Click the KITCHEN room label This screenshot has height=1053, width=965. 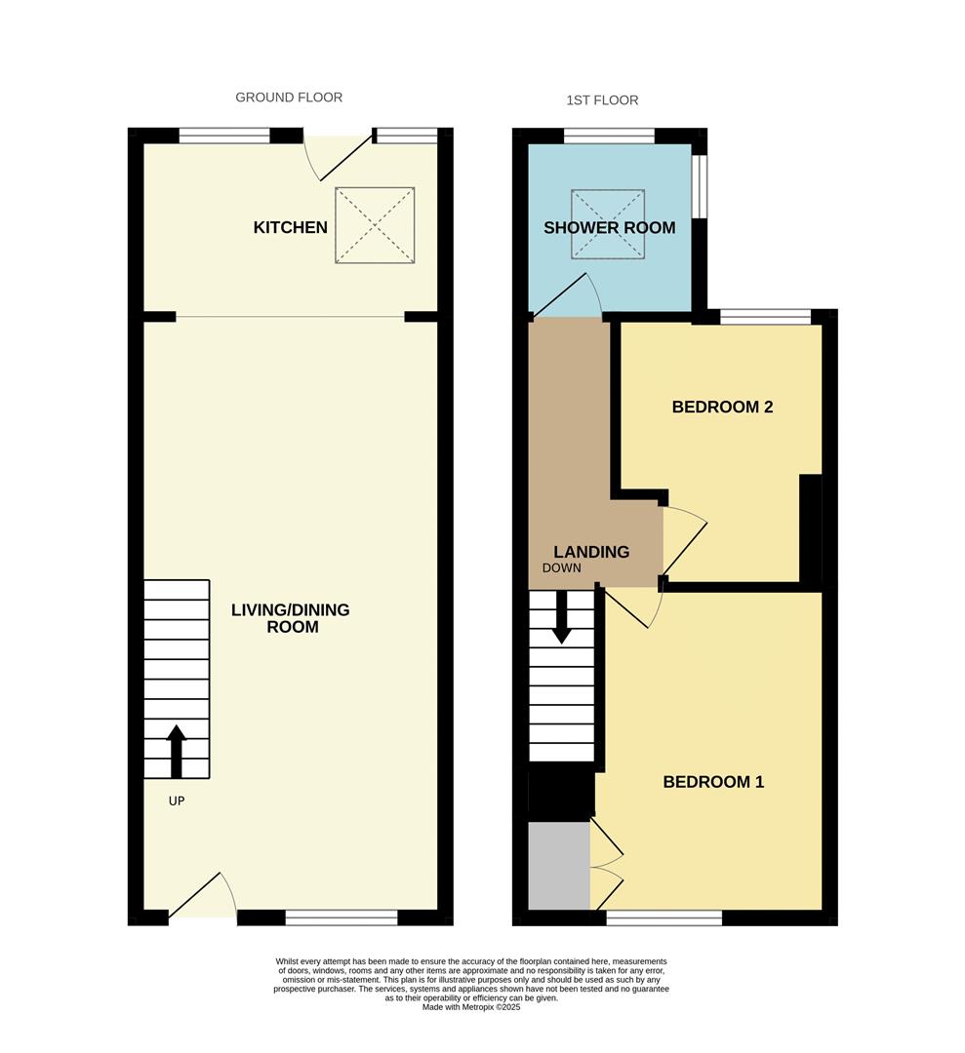pyautogui.click(x=290, y=227)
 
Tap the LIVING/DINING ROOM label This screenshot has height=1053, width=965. pyautogui.click(x=290, y=618)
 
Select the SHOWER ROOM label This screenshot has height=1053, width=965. pyautogui.click(x=609, y=228)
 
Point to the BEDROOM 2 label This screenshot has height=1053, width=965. pyautogui.click(x=722, y=407)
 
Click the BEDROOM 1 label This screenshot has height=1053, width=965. pyautogui.click(x=713, y=782)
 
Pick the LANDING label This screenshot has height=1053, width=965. pyautogui.click(x=591, y=552)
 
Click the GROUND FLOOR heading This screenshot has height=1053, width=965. pyautogui.click(x=289, y=97)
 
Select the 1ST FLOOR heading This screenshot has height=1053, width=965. pyautogui.click(x=602, y=100)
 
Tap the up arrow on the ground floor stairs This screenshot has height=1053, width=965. pyautogui.click(x=176, y=750)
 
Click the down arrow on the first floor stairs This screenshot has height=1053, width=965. pyautogui.click(x=561, y=619)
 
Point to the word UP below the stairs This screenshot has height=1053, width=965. pyautogui.click(x=176, y=801)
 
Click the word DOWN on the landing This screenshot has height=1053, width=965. pyautogui.click(x=562, y=568)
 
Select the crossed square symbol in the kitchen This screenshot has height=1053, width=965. pyautogui.click(x=376, y=225)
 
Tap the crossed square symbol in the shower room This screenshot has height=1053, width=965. pyautogui.click(x=609, y=225)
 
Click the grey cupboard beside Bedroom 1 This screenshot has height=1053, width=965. pyautogui.click(x=559, y=866)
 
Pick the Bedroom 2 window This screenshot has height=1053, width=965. pyautogui.click(x=765, y=316)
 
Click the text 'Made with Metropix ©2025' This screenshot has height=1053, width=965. pyautogui.click(x=471, y=1007)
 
